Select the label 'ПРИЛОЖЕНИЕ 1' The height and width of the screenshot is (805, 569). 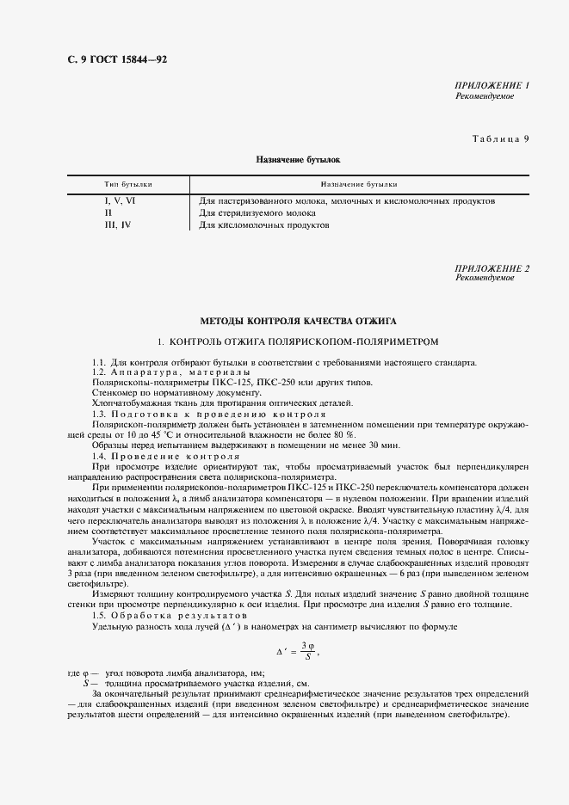[x=492, y=87]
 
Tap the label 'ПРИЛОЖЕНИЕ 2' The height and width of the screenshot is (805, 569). [x=492, y=268]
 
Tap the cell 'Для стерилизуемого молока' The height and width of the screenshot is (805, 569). [x=257, y=212]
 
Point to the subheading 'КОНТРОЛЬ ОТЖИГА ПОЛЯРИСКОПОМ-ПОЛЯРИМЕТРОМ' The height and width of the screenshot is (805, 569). [x=304, y=341]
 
